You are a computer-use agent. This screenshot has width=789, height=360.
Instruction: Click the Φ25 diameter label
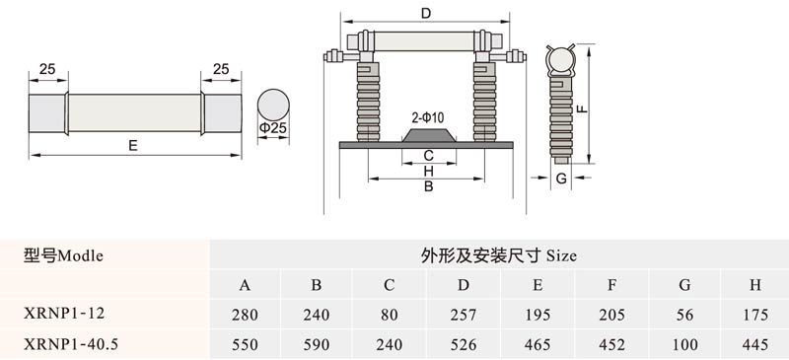pos(273,128)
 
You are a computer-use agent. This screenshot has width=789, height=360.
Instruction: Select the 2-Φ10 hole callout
pos(428,118)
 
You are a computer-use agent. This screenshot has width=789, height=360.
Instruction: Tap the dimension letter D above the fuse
pos(426,14)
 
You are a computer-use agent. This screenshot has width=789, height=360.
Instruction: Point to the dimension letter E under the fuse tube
pos(133,146)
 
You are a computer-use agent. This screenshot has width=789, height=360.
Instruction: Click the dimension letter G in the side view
pos(561,178)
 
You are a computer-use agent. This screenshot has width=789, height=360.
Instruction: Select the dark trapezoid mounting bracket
pos(429,135)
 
